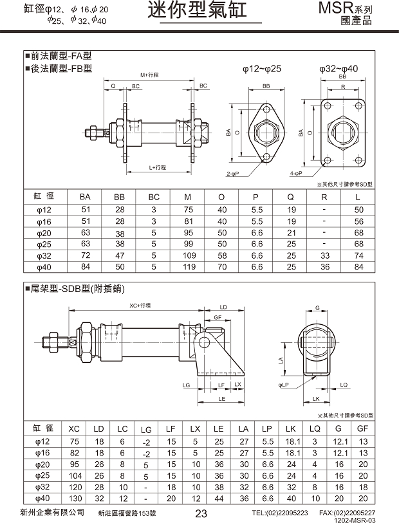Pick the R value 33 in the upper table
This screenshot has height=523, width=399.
click(x=324, y=255)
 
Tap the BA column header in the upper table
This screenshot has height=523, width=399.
click(x=85, y=197)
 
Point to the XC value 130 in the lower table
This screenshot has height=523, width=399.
click(x=75, y=499)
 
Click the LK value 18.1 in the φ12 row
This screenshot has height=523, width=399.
click(x=292, y=442)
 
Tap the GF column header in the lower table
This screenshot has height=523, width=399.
click(x=363, y=428)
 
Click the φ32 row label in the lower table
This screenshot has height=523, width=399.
click(x=42, y=487)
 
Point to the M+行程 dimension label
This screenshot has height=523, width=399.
click(x=149, y=75)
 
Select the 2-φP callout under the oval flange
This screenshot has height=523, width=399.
click(x=233, y=174)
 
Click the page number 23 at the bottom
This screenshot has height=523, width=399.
click(x=201, y=513)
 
